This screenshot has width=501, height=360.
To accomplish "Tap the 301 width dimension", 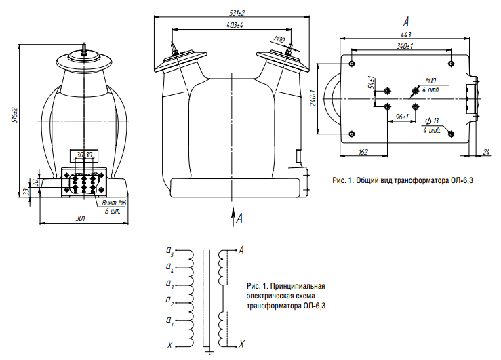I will (81, 218).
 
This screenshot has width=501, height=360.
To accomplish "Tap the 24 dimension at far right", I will (487, 151).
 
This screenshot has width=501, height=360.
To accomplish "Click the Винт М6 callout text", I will (114, 203).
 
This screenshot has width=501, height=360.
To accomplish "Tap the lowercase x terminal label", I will (169, 344).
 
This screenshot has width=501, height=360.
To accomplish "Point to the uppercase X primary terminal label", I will (241, 344).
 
